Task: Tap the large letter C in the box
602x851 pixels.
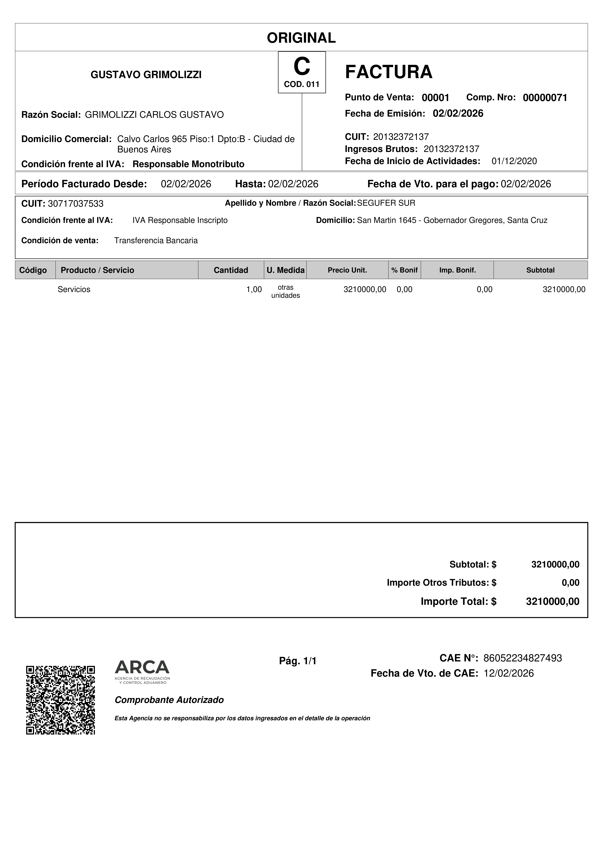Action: pos(302,67)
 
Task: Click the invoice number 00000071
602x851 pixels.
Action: pos(545,98)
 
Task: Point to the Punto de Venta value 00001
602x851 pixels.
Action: pos(435,98)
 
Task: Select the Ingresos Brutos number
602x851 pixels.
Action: pos(451,149)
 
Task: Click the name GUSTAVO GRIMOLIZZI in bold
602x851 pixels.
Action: pos(146,75)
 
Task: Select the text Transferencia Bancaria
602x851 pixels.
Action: pos(156,240)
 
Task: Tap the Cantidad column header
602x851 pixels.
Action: pos(231,270)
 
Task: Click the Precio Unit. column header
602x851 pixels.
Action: pos(347,270)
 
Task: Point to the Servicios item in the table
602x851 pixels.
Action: pos(74,289)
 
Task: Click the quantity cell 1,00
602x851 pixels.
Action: pos(254,289)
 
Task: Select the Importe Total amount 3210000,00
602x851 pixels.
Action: pos(552,601)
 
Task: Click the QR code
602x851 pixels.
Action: pos(60,700)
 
